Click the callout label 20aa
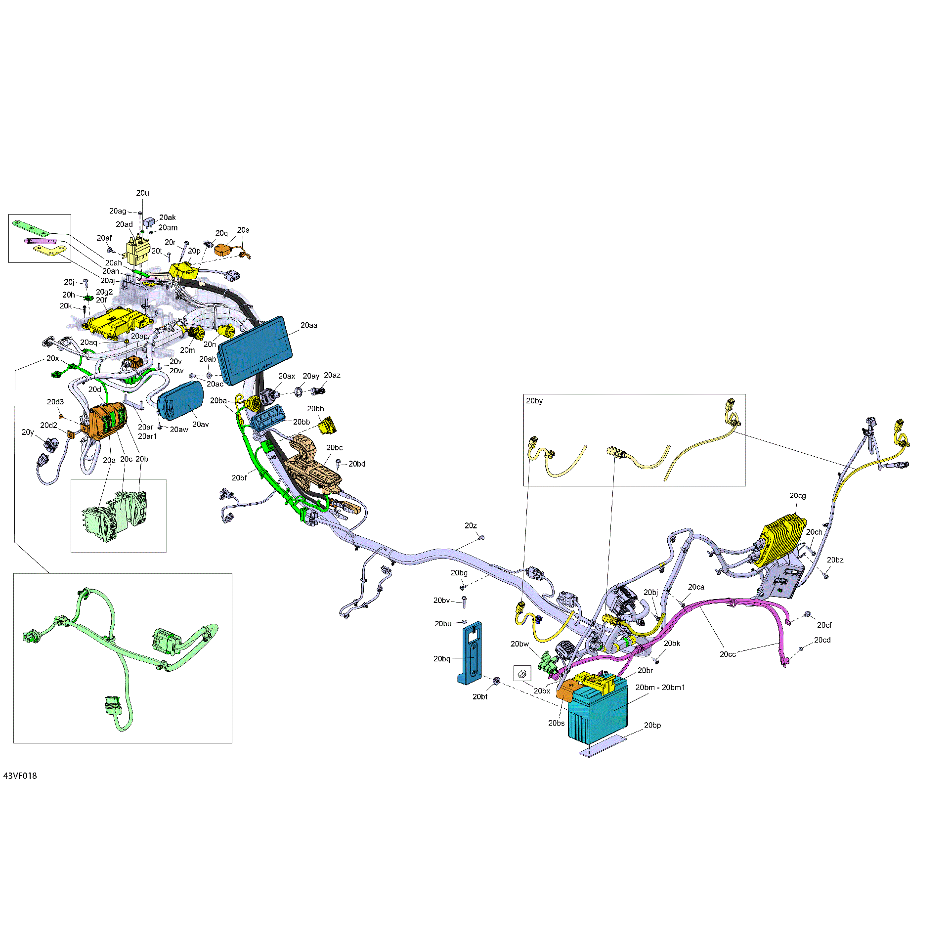[x=309, y=325]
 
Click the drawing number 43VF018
[x=20, y=776]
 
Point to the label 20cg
[x=797, y=496]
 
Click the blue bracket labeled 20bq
[x=472, y=652]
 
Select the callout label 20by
[x=534, y=401]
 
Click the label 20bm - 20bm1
[x=660, y=688]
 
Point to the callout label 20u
[x=142, y=193]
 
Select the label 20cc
[x=728, y=654]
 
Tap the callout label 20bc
[x=334, y=448]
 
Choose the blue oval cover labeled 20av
[x=180, y=401]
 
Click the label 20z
[x=471, y=526]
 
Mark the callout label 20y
[x=28, y=432]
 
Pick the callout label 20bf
[x=239, y=478]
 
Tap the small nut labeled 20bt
[x=496, y=681]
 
